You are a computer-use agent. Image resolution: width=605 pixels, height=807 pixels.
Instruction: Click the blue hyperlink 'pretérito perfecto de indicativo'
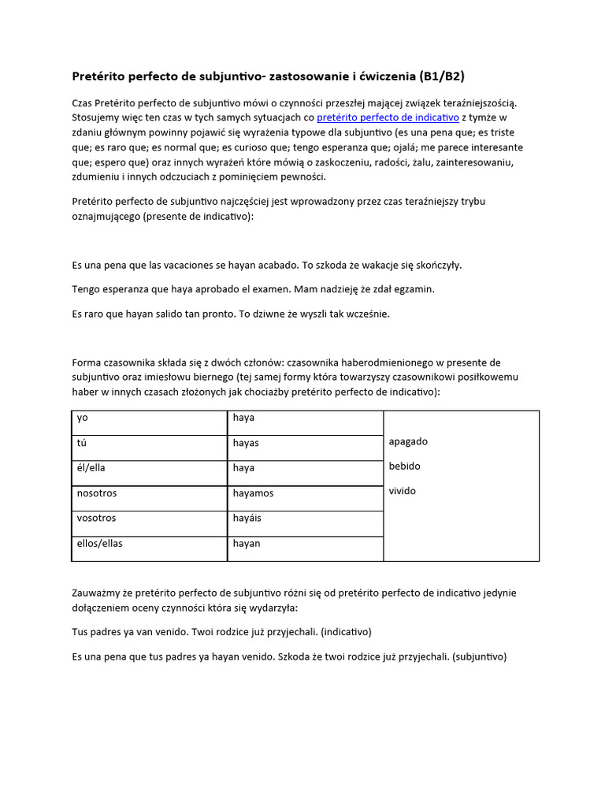tap(388, 117)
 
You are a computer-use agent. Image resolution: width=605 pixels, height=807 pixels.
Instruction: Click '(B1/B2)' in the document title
tap(449, 76)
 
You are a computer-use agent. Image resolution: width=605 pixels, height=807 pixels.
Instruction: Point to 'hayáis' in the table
tap(247, 519)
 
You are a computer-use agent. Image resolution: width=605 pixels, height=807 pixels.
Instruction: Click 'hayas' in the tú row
tap(246, 443)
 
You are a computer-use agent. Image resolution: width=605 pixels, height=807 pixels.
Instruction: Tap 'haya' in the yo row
tap(243, 418)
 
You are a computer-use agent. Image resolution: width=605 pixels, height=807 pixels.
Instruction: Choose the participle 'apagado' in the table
tap(408, 441)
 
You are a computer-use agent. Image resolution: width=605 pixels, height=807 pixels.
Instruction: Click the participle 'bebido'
tap(405, 467)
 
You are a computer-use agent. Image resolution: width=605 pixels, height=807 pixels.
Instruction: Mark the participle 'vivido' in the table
tap(402, 492)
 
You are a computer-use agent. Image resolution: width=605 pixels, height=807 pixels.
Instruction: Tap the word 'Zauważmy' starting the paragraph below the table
tap(96, 593)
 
